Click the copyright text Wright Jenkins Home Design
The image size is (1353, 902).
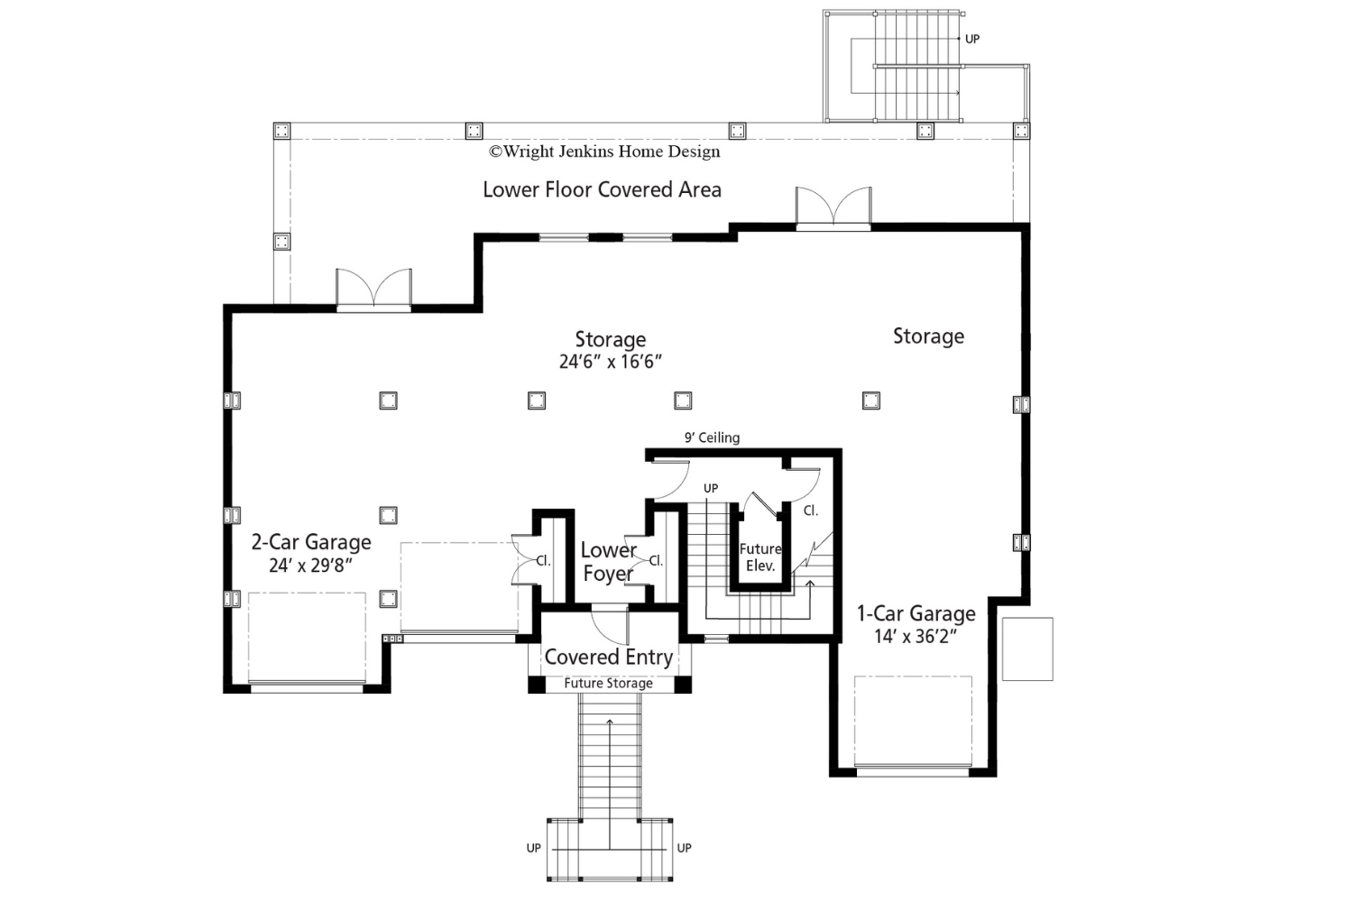[604, 151]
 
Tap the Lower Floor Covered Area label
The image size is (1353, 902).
[603, 189]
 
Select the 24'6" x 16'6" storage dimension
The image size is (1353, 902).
[611, 362]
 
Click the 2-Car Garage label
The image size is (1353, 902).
[311, 542]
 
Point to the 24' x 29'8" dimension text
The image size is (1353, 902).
[310, 566]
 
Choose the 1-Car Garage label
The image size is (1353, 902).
[916, 613]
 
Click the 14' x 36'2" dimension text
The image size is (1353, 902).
[916, 636]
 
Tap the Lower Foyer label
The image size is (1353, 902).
[608, 562]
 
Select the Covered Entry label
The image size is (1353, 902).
[609, 657]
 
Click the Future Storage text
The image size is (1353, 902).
[608, 684]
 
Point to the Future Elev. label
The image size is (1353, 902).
[760, 557]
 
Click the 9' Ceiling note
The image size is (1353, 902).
[713, 437]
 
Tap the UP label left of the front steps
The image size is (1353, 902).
[533, 848]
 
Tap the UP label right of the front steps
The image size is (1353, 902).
[685, 848]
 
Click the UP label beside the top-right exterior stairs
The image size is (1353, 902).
[972, 40]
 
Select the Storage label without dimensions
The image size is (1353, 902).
[928, 336]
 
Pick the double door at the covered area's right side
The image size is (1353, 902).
[833, 207]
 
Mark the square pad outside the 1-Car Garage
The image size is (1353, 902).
[1027, 649]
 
